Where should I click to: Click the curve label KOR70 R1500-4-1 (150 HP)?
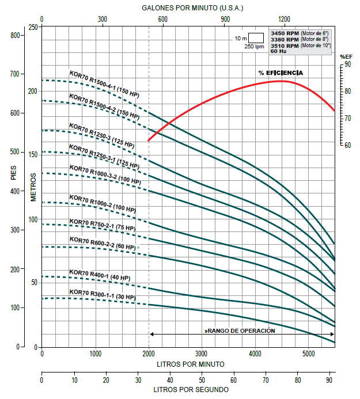104,83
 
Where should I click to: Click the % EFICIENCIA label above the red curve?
281,73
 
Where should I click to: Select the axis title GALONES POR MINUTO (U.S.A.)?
193,8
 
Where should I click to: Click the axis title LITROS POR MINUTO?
191,364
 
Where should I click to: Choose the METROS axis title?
33,187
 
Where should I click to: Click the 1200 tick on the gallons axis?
283,19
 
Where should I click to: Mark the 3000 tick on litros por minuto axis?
201,354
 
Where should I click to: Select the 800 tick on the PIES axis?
16,36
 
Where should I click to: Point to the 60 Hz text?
279,51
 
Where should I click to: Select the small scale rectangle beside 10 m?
256,38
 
